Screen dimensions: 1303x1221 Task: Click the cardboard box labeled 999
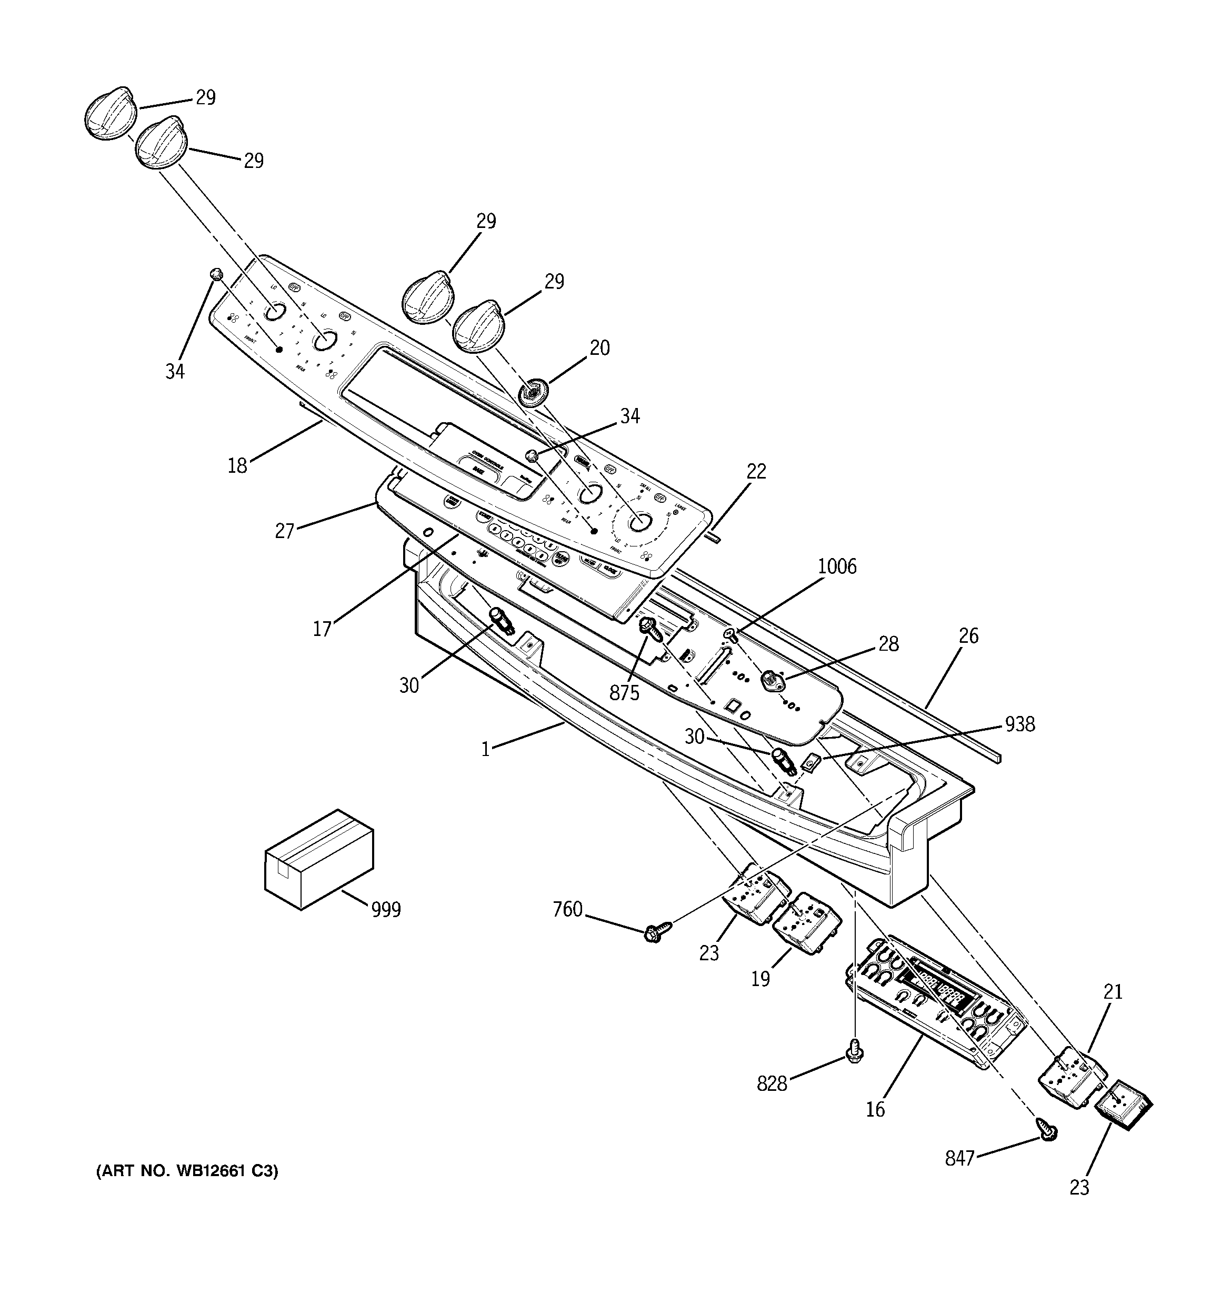(x=318, y=858)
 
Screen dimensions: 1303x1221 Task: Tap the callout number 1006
(x=836, y=566)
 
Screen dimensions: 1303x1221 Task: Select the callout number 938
(x=1020, y=724)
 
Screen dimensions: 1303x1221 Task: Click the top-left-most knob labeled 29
(x=109, y=112)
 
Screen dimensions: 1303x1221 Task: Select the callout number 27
(x=284, y=530)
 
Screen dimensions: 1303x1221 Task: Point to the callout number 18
(x=237, y=466)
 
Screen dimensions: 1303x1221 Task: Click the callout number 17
(x=322, y=629)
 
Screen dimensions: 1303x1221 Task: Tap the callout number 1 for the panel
(x=485, y=749)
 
